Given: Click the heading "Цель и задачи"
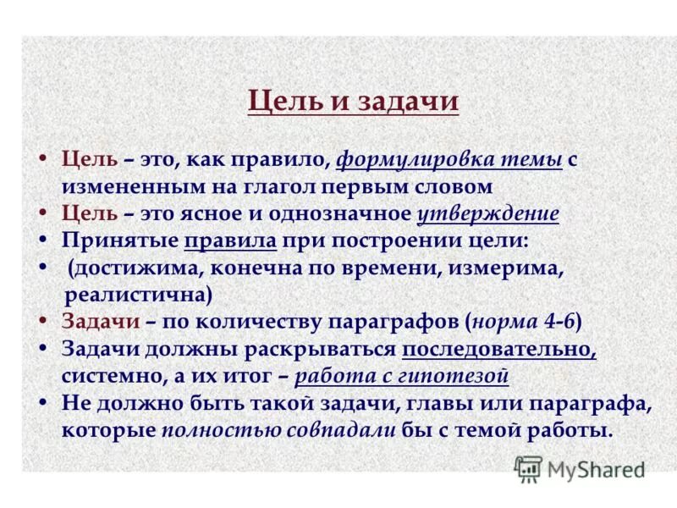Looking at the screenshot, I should tap(354, 102).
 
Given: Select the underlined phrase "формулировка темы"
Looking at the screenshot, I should tap(449, 159).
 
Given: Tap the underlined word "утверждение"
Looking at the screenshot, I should tap(488, 213).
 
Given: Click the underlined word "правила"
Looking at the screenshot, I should tap(230, 240).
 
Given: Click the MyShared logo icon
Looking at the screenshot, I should tap(529, 469).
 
